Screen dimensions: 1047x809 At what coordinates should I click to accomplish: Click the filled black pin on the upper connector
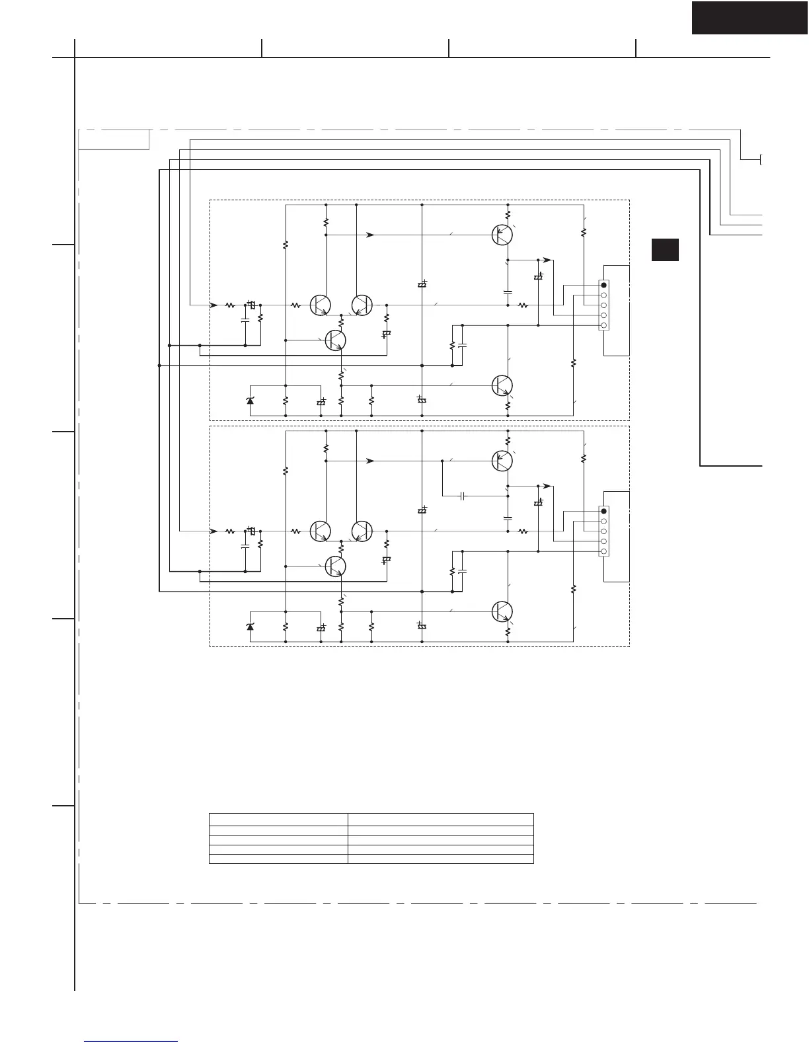point(603,285)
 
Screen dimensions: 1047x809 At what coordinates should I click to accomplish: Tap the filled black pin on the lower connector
point(603,511)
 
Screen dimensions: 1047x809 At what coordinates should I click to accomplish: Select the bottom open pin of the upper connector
point(603,325)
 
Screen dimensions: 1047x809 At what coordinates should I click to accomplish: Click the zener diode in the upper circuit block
point(250,401)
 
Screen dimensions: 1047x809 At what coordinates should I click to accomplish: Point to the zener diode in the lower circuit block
point(250,626)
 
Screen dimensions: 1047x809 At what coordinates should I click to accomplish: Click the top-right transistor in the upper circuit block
point(502,235)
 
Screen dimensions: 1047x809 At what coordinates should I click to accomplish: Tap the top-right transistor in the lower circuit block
point(502,461)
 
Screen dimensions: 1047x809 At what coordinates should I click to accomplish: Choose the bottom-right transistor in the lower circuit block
point(502,611)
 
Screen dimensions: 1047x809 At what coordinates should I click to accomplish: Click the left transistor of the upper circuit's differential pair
point(321,305)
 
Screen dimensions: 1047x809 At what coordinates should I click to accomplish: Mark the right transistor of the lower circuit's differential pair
point(362,531)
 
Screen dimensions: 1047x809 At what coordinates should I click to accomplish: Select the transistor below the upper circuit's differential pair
point(336,340)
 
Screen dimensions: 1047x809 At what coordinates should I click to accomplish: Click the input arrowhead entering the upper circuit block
point(213,305)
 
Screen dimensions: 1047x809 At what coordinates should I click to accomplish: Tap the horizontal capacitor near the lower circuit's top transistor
point(463,495)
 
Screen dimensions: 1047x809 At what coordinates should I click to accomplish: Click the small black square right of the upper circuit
point(665,250)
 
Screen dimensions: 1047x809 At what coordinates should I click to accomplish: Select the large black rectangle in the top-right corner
point(750,17)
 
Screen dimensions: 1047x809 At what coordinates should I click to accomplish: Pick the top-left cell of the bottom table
point(278,820)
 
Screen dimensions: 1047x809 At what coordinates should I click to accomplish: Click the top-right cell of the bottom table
point(441,820)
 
